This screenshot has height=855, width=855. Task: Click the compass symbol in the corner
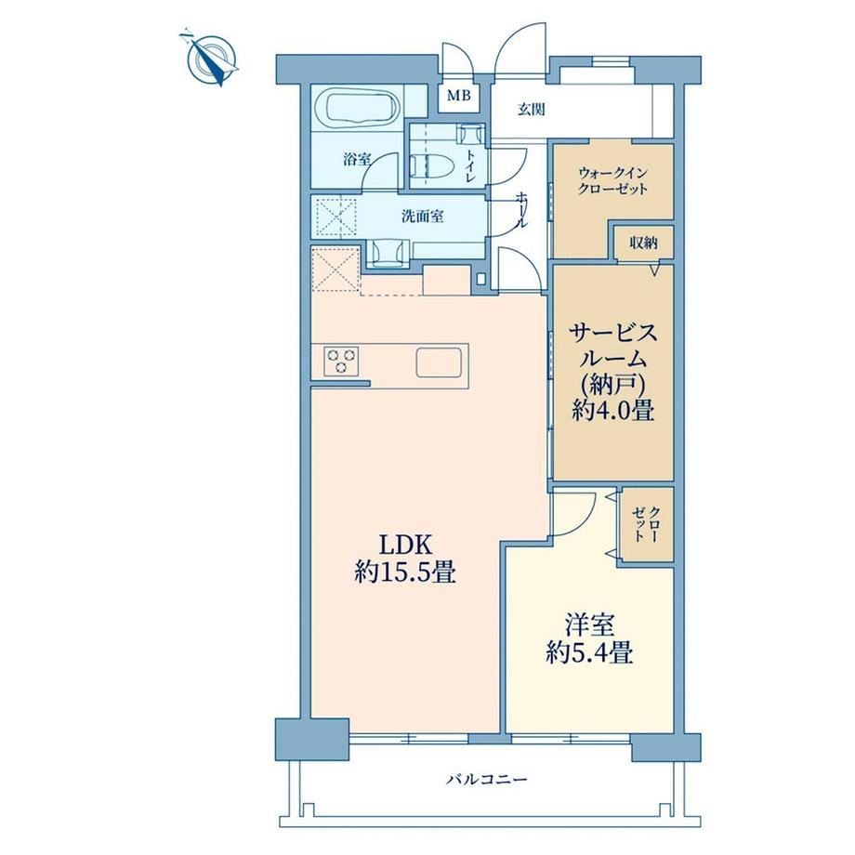pos(212,58)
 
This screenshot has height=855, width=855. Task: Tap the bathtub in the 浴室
pos(361,108)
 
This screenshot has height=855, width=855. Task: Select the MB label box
pos(458,97)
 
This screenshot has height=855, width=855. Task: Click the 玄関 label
pos(531,110)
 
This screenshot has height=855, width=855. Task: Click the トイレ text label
pos(469,165)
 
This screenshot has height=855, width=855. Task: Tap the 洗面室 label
pos(422,217)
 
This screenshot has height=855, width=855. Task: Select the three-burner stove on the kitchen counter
pos(341,361)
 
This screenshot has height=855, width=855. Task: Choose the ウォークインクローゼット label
pos(612,181)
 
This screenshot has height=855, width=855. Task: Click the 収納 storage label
pos(643,243)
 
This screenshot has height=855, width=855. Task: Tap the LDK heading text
pos(406,544)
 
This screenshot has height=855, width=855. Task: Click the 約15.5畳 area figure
pos(405,572)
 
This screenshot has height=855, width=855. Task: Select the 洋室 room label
pos(589,625)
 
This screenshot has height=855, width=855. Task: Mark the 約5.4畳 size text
pos(589,652)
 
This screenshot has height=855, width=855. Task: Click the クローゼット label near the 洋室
pos(646,524)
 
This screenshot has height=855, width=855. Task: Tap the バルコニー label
pos(487,779)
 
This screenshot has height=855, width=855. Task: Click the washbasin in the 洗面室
pos(388,252)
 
